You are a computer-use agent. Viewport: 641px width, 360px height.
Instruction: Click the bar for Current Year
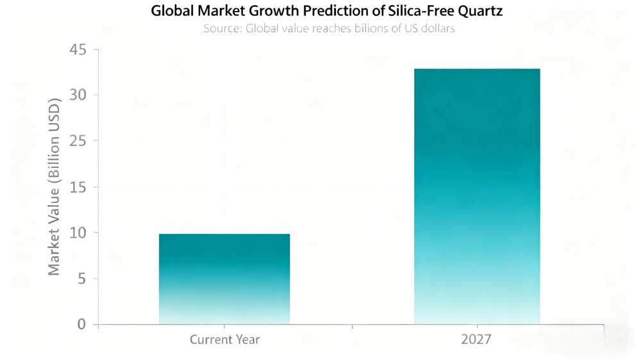(224, 279)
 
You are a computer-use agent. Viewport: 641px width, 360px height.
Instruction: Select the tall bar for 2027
(477, 196)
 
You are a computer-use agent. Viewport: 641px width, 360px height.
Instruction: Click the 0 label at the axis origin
(81, 324)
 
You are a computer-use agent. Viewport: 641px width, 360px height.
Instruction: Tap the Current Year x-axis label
(224, 340)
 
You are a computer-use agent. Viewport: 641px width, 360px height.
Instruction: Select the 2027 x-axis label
(477, 340)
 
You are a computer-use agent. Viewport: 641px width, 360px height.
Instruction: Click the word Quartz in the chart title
(480, 12)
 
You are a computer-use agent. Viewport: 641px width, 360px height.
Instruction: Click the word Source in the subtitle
(222, 29)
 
